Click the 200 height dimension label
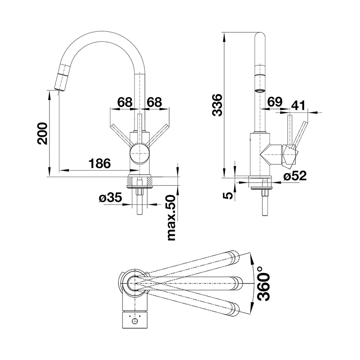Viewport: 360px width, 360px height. point(42,133)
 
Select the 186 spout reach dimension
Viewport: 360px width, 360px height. point(99,163)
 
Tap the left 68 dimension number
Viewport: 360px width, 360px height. point(125,102)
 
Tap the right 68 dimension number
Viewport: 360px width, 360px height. point(154,102)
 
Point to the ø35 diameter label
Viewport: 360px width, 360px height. point(110,198)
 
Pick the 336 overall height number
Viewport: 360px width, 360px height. point(217,105)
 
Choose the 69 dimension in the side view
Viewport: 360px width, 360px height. point(275,102)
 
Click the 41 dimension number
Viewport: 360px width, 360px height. point(298,105)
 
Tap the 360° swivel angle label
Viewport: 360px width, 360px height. point(263,284)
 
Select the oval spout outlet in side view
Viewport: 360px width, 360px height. point(260,91)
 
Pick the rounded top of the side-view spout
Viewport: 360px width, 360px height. point(260,35)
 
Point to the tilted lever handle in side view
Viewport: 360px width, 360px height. point(301,134)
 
